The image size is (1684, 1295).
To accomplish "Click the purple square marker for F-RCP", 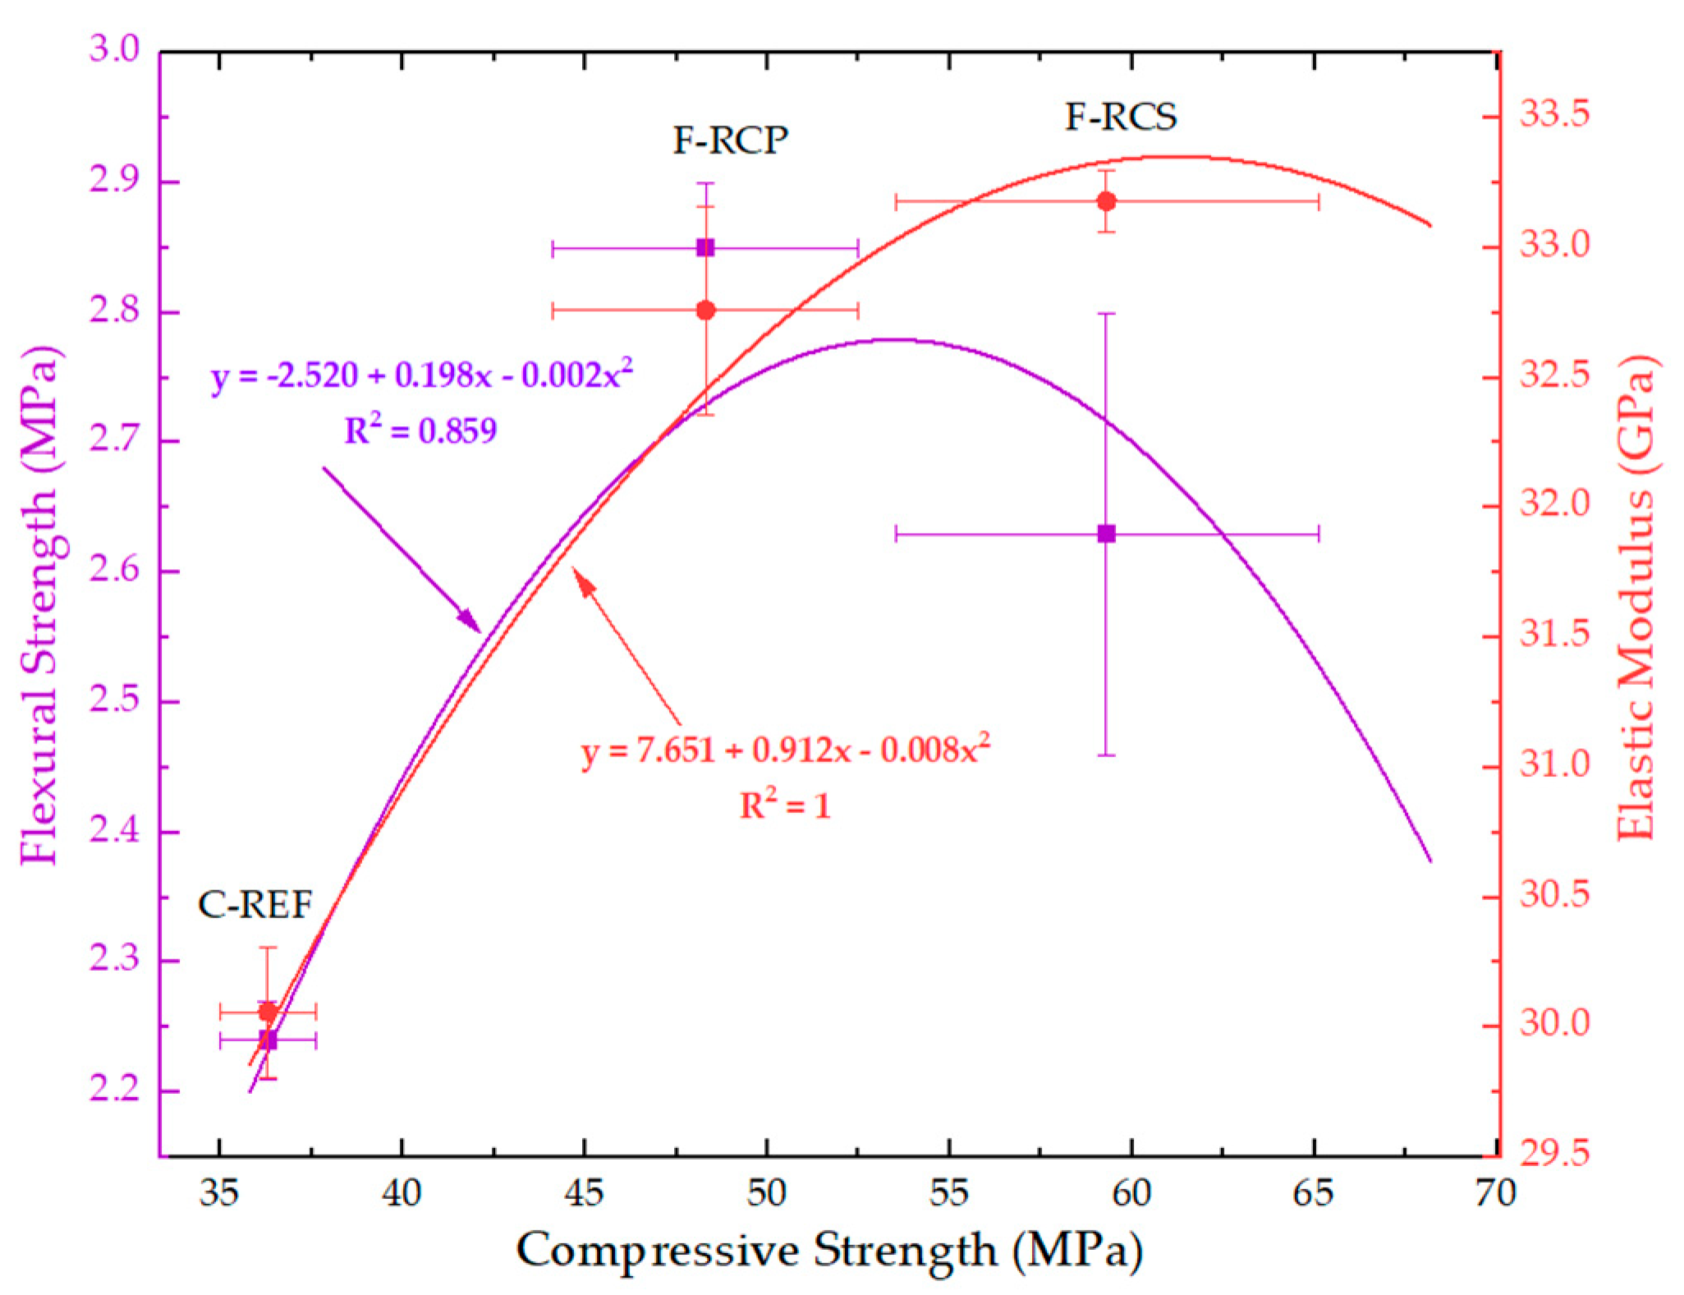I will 704,247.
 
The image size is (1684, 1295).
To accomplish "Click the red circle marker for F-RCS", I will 1106,201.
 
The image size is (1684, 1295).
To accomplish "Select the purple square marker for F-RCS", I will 1106,534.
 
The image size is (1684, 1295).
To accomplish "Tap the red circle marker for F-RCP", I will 704,310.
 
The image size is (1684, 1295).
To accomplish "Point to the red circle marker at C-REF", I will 268,1012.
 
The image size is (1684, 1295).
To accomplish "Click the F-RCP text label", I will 730,140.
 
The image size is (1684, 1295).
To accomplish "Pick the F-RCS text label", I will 1121,117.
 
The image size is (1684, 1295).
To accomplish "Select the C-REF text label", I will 255,905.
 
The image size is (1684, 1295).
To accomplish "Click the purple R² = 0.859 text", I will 420,430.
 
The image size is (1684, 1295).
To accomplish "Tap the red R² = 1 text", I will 785,805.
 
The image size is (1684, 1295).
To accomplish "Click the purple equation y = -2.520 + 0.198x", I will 421,375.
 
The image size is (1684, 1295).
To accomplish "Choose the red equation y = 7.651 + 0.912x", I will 785,750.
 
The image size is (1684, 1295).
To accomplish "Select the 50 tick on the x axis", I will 766,1192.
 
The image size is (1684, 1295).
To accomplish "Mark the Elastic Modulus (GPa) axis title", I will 1636,598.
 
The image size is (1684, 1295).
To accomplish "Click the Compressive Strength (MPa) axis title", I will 828,1251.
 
